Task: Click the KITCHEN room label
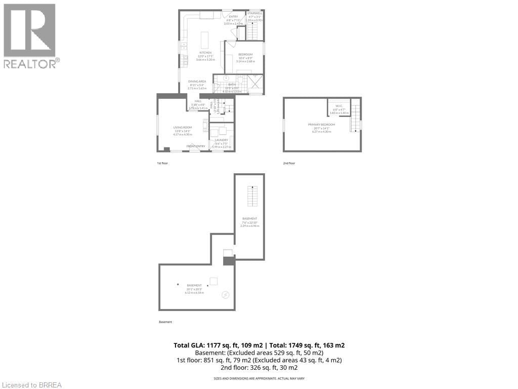click(205, 53)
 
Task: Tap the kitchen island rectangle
click(205, 40)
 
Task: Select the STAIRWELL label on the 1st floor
click(255, 14)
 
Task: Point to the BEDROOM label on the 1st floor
click(245, 55)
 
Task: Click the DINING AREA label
click(197, 82)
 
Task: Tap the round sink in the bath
click(227, 79)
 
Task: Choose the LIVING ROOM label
click(183, 128)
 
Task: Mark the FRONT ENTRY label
click(196, 146)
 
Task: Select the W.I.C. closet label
click(339, 106)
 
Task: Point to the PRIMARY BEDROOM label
click(321, 124)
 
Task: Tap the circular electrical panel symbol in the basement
click(226, 295)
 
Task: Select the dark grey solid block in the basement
click(229, 261)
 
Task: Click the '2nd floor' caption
click(289, 164)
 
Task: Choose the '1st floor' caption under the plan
click(163, 164)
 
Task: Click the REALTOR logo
click(30, 35)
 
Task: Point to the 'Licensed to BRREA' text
click(31, 385)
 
